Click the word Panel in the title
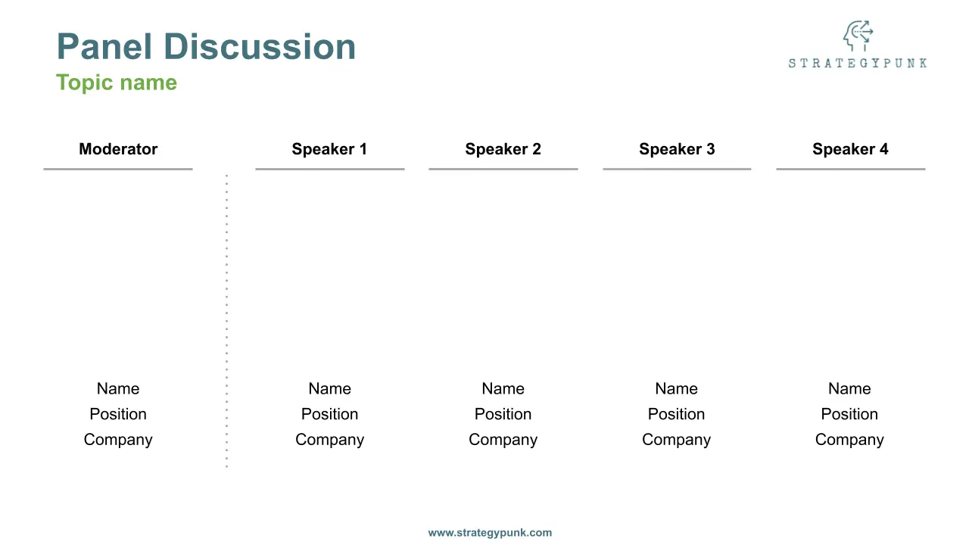(104, 46)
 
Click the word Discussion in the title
(260, 46)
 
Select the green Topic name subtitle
(117, 83)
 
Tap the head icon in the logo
(858, 36)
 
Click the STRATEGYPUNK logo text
(858, 63)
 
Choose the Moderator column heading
(118, 149)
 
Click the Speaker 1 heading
(329, 149)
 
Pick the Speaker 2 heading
(503, 149)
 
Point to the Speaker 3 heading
(677, 149)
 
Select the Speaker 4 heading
(850, 149)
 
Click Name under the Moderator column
(118, 388)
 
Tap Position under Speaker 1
(329, 414)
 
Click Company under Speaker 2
(503, 440)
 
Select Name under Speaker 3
(677, 388)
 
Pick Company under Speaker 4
(849, 440)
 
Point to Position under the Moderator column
(118, 414)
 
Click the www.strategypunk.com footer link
(490, 532)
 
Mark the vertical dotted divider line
(226, 321)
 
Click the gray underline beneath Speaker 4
(851, 169)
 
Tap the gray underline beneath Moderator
(118, 169)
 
